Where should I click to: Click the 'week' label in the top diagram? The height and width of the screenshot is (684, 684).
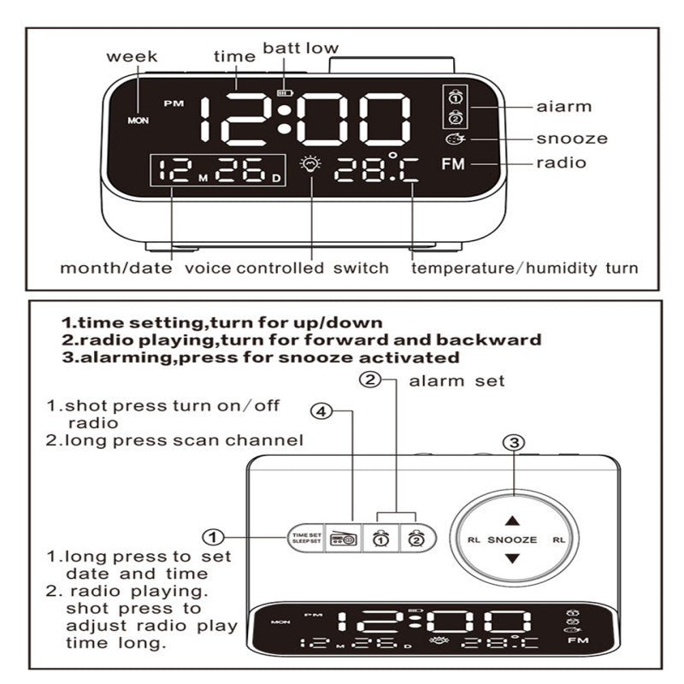132,56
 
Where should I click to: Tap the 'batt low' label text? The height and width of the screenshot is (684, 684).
300,48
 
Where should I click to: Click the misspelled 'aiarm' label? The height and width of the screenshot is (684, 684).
563,107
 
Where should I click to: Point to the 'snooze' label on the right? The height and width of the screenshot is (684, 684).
572,139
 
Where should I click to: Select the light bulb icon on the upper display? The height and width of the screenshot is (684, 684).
309,166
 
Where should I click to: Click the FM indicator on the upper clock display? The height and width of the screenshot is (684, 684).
454,164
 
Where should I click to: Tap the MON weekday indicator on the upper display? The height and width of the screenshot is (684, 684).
138,121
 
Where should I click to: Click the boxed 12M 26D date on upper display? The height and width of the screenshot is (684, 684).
216,171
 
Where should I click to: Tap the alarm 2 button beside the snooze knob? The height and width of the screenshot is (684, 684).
415,538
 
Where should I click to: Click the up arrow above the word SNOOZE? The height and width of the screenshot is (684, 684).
511,520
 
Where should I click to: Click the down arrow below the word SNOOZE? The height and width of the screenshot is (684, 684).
511,559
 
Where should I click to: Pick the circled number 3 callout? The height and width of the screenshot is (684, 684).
513,443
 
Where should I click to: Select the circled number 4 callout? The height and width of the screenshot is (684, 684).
320,412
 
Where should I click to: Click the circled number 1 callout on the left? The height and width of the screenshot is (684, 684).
213,538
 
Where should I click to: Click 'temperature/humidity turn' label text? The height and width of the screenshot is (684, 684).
524,268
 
